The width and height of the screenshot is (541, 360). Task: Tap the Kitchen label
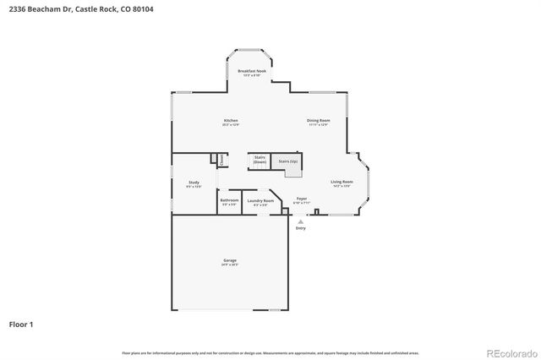(231, 121)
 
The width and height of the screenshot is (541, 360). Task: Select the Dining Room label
(318, 121)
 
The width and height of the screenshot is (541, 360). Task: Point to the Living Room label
(342, 182)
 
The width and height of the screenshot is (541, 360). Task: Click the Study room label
(194, 183)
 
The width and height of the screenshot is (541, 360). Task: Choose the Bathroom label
(229, 200)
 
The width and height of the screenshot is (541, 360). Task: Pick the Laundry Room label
(260, 200)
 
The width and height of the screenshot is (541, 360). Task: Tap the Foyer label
(301, 199)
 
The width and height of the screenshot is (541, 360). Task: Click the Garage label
(230, 260)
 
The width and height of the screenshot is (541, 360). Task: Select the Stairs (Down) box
(260, 160)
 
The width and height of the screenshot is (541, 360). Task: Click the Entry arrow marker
(300, 221)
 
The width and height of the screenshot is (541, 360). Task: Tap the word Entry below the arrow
(300, 228)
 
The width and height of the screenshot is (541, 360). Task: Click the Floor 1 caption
(21, 324)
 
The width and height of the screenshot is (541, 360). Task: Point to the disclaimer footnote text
(270, 352)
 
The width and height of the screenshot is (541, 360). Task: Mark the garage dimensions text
(230, 265)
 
